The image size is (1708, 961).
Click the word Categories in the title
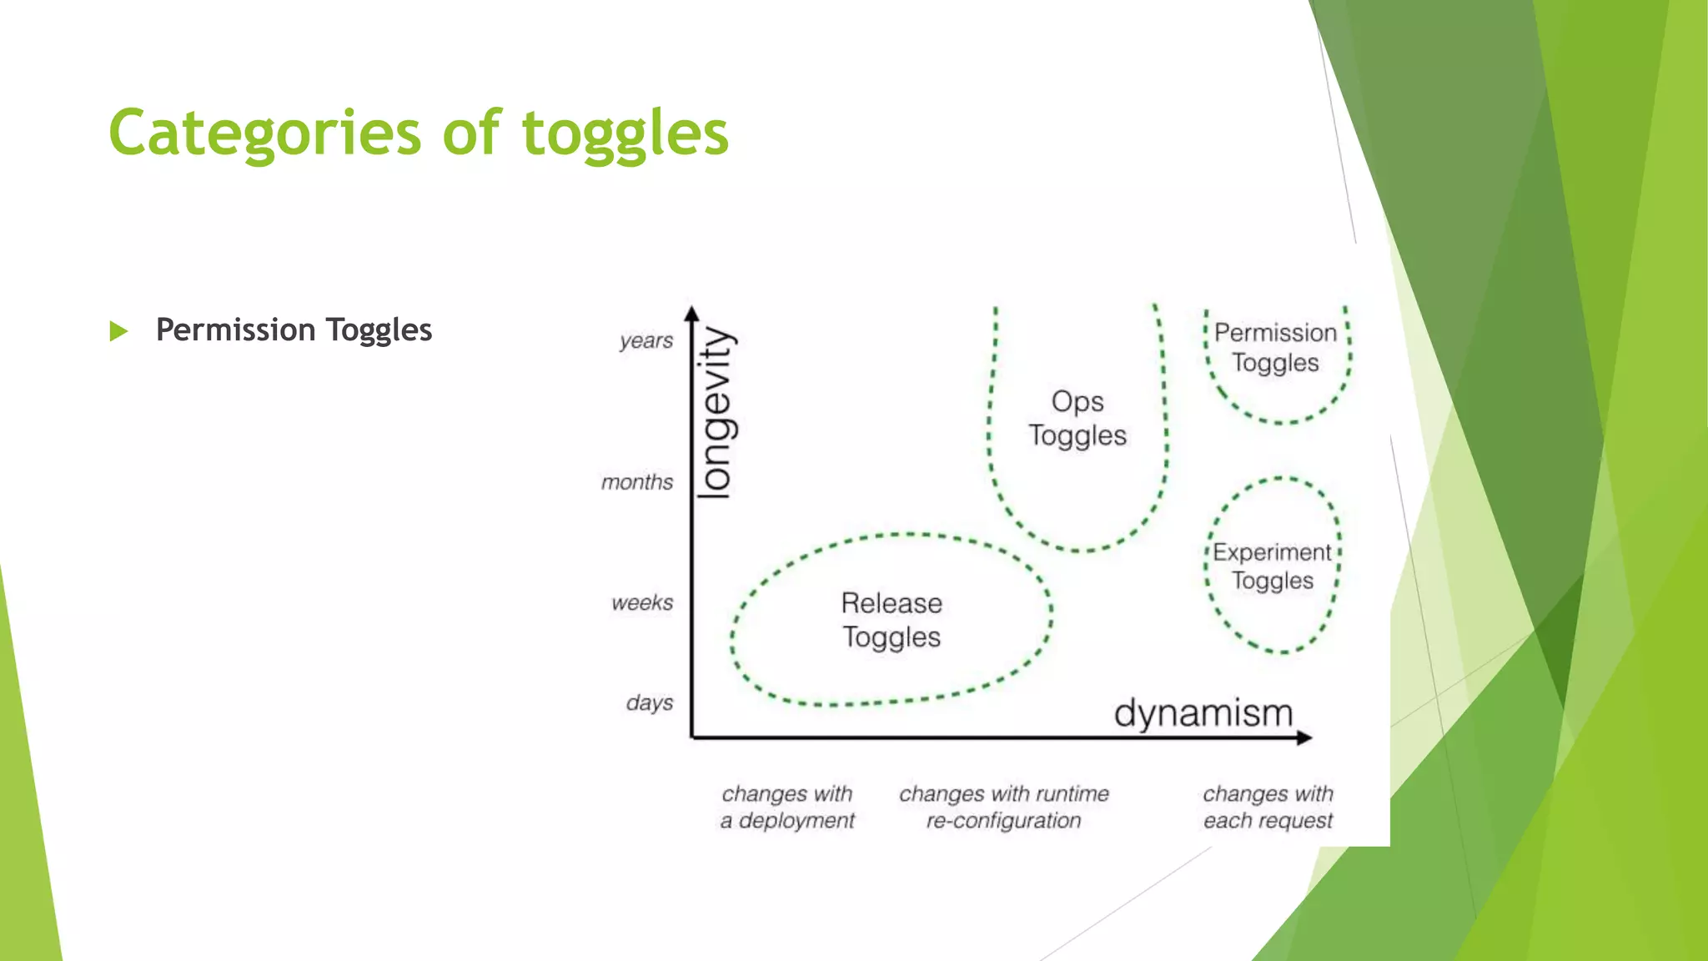[x=265, y=133]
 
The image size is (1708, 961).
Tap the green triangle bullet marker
[x=118, y=331]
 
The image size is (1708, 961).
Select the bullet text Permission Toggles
[x=294, y=330]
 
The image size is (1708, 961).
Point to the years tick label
[x=646, y=341]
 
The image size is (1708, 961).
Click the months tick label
[x=637, y=482]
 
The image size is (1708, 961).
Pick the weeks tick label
[x=641, y=602]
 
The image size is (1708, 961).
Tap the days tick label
[x=649, y=702]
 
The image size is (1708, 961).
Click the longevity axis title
[x=716, y=413]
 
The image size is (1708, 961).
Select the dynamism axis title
[x=1203, y=714]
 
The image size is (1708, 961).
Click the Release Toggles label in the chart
[x=892, y=620]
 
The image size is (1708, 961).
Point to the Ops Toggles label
[x=1077, y=419]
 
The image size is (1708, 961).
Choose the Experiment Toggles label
[x=1272, y=566]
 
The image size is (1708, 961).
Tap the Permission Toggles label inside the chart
[x=1275, y=348]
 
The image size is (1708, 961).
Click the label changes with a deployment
[x=787, y=807]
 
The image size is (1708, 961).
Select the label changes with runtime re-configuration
[x=1003, y=807]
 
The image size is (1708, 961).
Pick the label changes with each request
[x=1268, y=807]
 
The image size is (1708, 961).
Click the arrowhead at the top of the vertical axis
[x=691, y=314]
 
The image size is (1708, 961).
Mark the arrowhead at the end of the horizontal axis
[x=1305, y=737]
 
